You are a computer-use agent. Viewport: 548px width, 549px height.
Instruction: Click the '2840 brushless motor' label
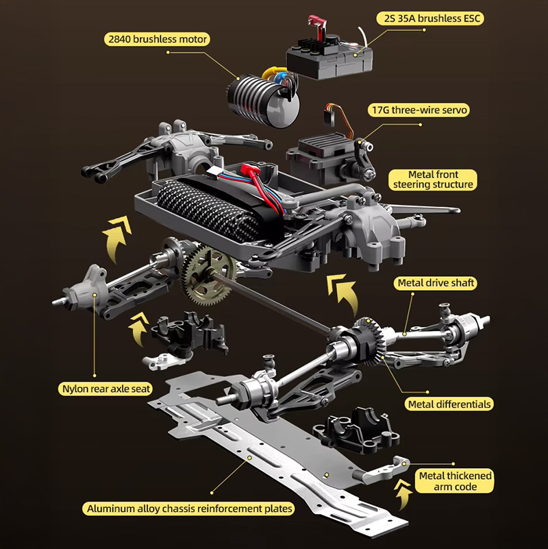click(157, 39)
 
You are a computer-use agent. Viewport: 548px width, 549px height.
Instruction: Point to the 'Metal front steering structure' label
click(432, 180)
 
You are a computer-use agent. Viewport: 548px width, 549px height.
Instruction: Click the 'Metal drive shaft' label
click(436, 282)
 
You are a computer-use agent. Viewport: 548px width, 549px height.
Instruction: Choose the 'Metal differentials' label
click(449, 404)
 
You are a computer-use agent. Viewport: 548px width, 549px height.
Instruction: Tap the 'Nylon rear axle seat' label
click(104, 389)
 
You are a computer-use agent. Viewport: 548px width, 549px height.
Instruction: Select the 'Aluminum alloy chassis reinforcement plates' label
click(190, 509)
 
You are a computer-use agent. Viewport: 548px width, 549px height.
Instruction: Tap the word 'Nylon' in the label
click(75, 389)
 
